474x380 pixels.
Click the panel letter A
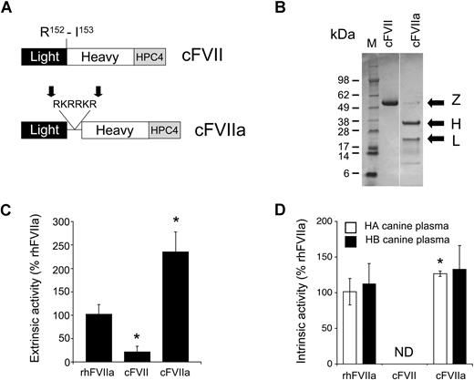7,9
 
